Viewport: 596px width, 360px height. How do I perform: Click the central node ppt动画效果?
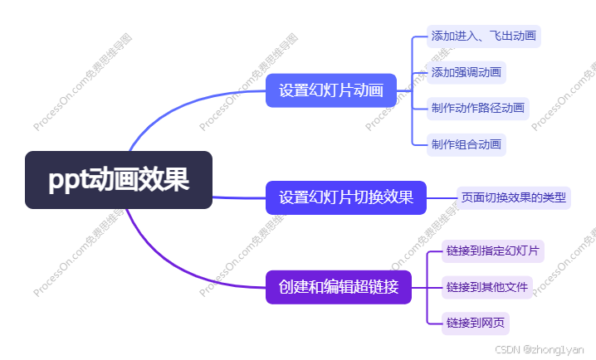coord(119,180)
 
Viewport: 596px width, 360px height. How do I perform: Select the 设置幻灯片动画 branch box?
coord(331,90)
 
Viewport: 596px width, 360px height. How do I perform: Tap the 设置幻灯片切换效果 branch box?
coord(345,197)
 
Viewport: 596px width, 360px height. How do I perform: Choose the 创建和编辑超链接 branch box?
coord(339,288)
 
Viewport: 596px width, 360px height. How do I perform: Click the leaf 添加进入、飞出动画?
coord(484,36)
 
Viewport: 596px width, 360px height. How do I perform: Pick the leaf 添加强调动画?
coord(466,72)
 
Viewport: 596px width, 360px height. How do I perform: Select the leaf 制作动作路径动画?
coord(477,108)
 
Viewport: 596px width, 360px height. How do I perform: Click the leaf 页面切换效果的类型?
coord(514,197)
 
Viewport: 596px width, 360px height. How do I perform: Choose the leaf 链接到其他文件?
coord(486,287)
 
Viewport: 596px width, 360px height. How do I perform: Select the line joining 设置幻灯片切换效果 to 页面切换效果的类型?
coord(441,197)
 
